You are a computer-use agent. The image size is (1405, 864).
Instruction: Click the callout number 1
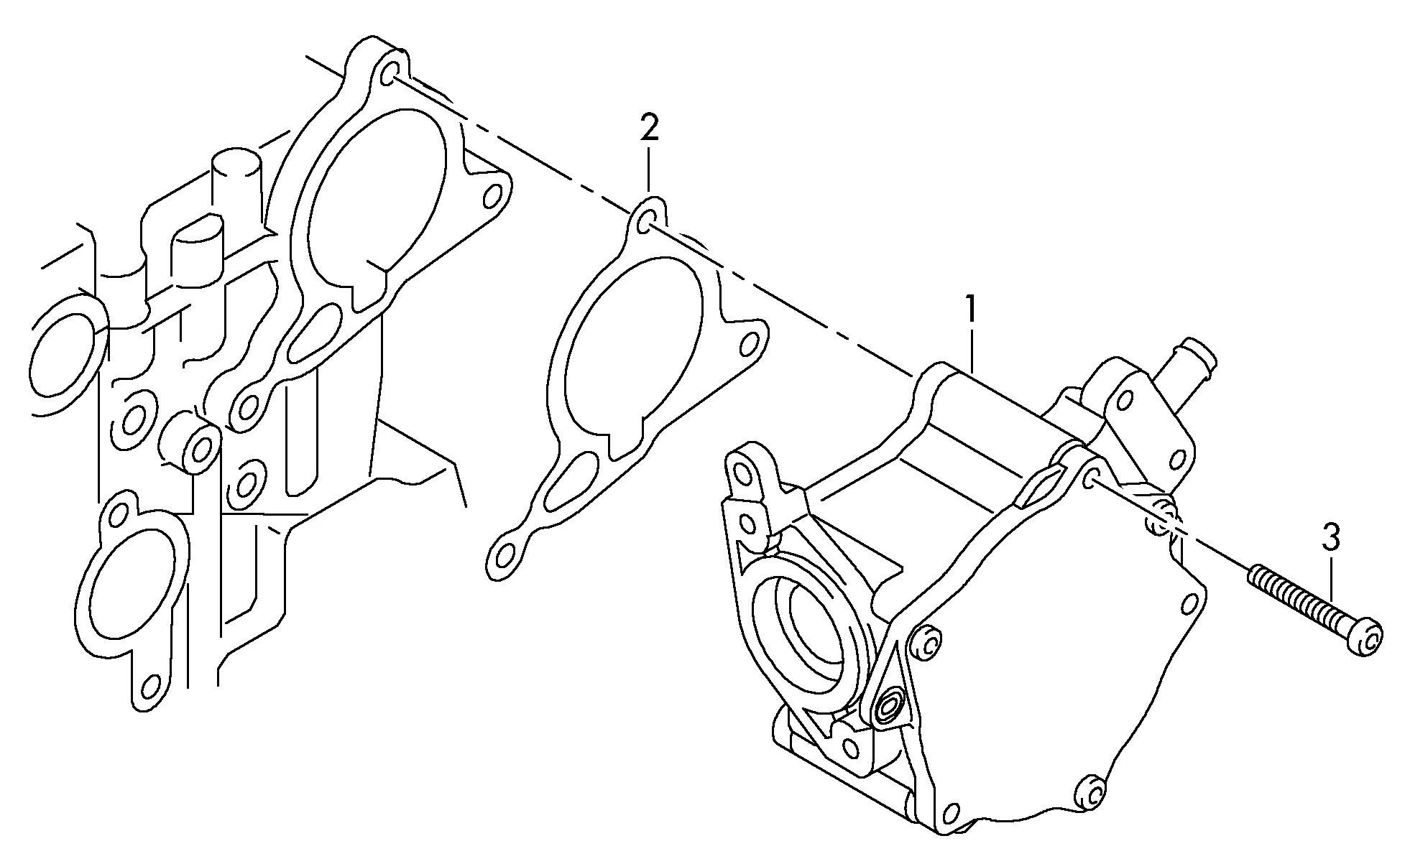971,310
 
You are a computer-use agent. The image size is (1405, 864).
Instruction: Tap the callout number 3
1331,537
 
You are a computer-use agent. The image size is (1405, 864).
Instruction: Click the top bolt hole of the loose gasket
648,222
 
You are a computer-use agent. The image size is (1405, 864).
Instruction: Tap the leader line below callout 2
648,169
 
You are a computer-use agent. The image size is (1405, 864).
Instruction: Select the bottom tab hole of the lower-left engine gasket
150,685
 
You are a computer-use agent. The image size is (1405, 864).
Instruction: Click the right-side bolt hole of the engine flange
493,196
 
